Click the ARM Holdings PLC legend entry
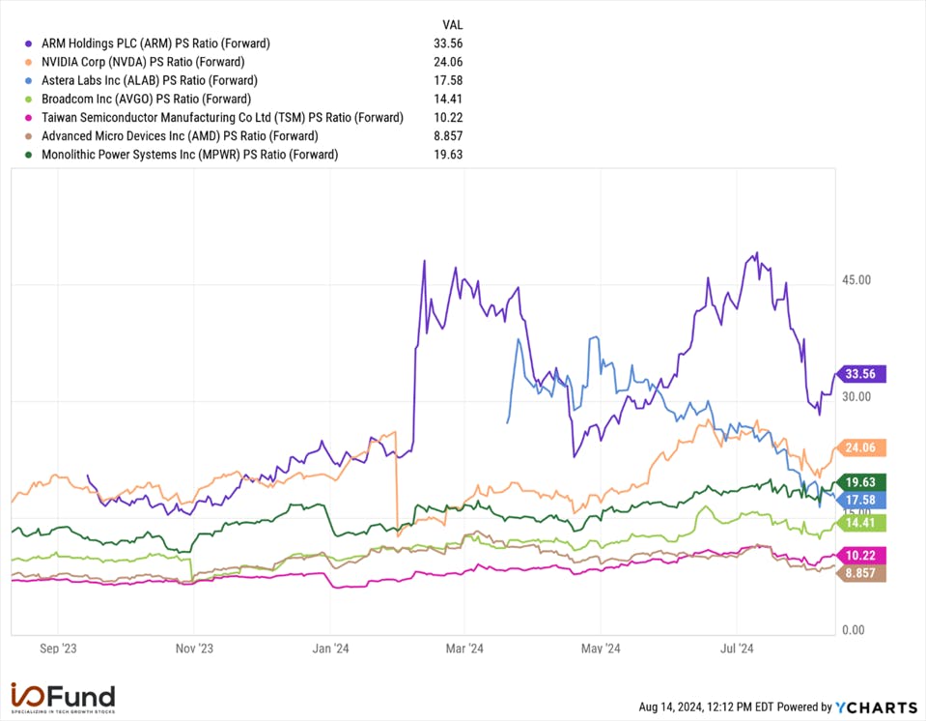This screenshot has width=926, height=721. (155, 43)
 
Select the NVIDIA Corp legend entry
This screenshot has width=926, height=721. (150, 62)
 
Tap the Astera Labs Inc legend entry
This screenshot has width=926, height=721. (149, 80)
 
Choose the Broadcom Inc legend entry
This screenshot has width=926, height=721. (146, 99)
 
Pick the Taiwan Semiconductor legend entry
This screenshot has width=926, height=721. (222, 117)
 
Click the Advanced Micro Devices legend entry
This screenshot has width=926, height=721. (180, 136)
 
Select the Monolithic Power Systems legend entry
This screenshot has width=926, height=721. (189, 155)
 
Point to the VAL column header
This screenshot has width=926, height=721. (452, 24)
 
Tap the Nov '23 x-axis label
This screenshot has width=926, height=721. (193, 649)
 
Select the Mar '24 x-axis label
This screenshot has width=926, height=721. (463, 649)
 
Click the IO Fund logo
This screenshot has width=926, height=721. (63, 698)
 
